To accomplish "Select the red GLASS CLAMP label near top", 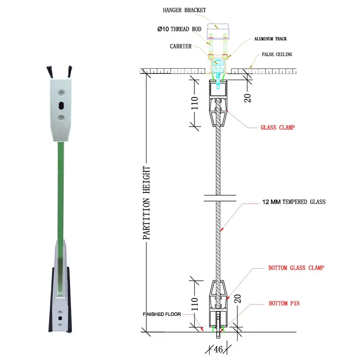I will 277,128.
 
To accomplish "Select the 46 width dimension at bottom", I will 218,349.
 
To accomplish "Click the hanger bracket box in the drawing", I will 219,34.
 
